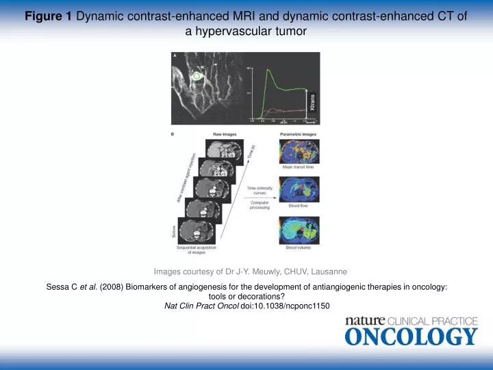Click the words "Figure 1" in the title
(x=49, y=16)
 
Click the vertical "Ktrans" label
(x=313, y=101)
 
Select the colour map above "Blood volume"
(x=296, y=230)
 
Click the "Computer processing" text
(x=260, y=205)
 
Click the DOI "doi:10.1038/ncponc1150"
(x=286, y=306)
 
